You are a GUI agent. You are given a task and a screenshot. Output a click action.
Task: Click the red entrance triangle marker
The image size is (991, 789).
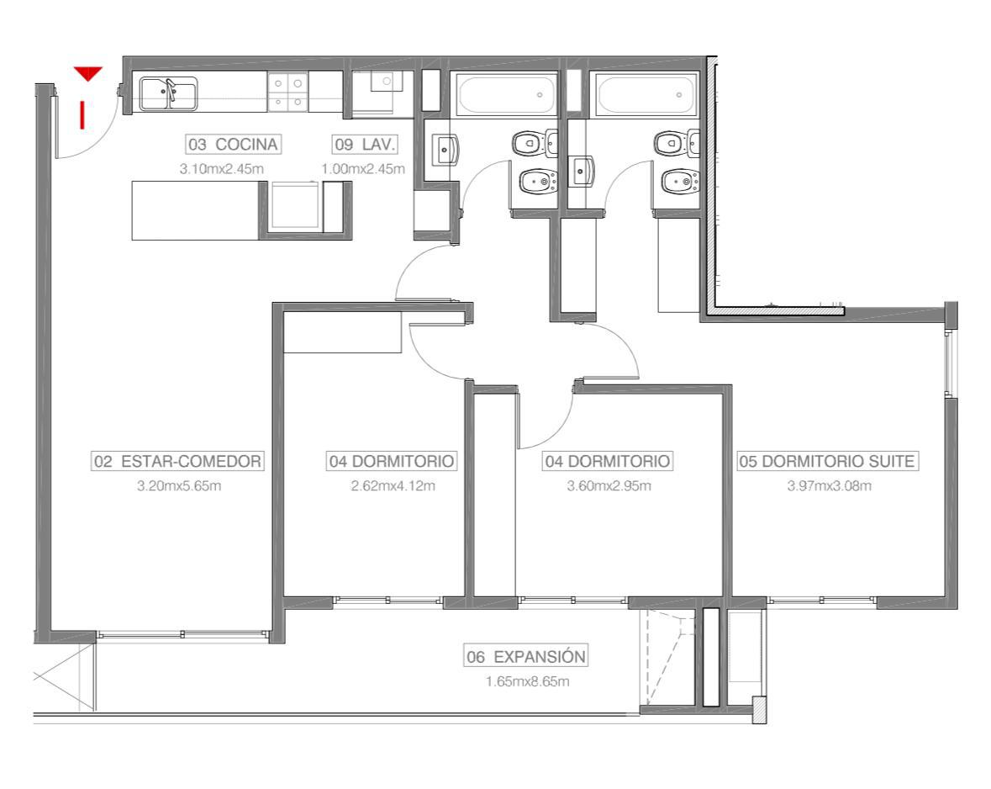click(88, 73)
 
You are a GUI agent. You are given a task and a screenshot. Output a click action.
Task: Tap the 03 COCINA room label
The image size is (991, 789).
click(233, 145)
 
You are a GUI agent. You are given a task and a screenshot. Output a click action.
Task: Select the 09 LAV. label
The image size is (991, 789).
click(365, 145)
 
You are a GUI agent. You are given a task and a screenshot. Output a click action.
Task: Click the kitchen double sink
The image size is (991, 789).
click(168, 93)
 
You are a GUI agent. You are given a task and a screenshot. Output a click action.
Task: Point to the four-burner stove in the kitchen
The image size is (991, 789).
click(287, 92)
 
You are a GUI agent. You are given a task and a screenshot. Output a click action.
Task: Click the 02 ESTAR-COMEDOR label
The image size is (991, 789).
click(177, 461)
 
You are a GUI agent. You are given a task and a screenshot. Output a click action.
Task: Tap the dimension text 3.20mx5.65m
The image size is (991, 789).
click(179, 486)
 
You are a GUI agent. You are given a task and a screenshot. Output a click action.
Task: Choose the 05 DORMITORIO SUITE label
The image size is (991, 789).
click(827, 461)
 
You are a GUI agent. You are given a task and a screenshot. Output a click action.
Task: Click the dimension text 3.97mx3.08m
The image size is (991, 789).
click(830, 486)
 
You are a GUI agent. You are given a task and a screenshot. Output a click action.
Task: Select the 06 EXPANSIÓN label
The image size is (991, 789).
click(526, 656)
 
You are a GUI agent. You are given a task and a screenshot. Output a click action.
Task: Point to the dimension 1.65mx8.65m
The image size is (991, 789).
click(527, 681)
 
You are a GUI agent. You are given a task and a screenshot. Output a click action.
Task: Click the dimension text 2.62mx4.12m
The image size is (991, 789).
click(393, 486)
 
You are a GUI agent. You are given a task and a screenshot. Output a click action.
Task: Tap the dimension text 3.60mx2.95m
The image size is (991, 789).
click(609, 486)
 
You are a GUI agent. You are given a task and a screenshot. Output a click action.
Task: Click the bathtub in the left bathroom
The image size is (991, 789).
click(506, 95)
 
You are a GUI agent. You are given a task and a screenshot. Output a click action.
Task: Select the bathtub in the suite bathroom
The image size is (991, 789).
click(646, 95)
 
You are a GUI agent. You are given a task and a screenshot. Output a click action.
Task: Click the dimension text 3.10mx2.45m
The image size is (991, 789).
click(221, 169)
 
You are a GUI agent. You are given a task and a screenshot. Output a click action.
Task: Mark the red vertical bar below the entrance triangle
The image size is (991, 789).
click(82, 115)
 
